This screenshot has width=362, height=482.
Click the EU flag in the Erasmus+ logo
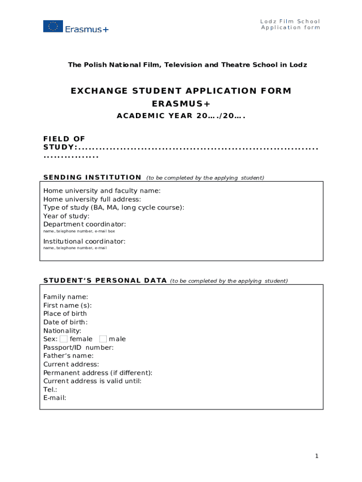(53, 26)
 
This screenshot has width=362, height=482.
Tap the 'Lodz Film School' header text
(290, 21)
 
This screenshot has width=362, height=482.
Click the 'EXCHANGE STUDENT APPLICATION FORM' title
(181, 91)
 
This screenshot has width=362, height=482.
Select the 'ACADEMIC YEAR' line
(181, 116)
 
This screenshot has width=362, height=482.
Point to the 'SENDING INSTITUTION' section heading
(92, 177)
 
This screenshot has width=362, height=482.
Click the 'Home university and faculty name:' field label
(102, 191)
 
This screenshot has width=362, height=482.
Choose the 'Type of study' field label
(114, 208)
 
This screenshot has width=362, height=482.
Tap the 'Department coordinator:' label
(85, 225)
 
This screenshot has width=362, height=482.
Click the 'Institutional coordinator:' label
(84, 241)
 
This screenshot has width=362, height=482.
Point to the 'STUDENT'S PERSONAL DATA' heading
(105, 281)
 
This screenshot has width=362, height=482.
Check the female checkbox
(63, 339)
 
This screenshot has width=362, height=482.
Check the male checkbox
(103, 339)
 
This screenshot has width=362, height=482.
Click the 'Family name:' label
(66, 297)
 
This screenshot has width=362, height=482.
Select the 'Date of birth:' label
(65, 322)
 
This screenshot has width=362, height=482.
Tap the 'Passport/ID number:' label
(79, 347)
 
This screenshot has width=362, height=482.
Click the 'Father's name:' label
(68, 356)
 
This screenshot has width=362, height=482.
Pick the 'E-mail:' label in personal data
(55, 398)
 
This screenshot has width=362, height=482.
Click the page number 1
(317, 456)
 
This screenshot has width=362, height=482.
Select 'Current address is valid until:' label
(92, 381)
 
